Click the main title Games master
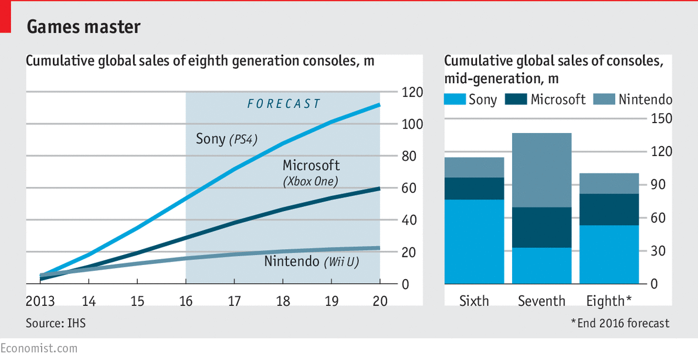(83, 27)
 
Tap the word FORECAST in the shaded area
(283, 104)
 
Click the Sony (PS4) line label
(226, 139)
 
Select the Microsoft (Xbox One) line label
(311, 173)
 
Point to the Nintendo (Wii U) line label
(311, 261)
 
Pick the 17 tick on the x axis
(235, 301)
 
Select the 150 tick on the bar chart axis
(662, 119)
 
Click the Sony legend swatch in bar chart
(455, 100)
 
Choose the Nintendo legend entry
(633, 100)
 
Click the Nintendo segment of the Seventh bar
(541, 170)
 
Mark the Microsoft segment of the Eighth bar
(609, 209)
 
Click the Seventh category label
(541, 301)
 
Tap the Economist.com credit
(39, 348)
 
